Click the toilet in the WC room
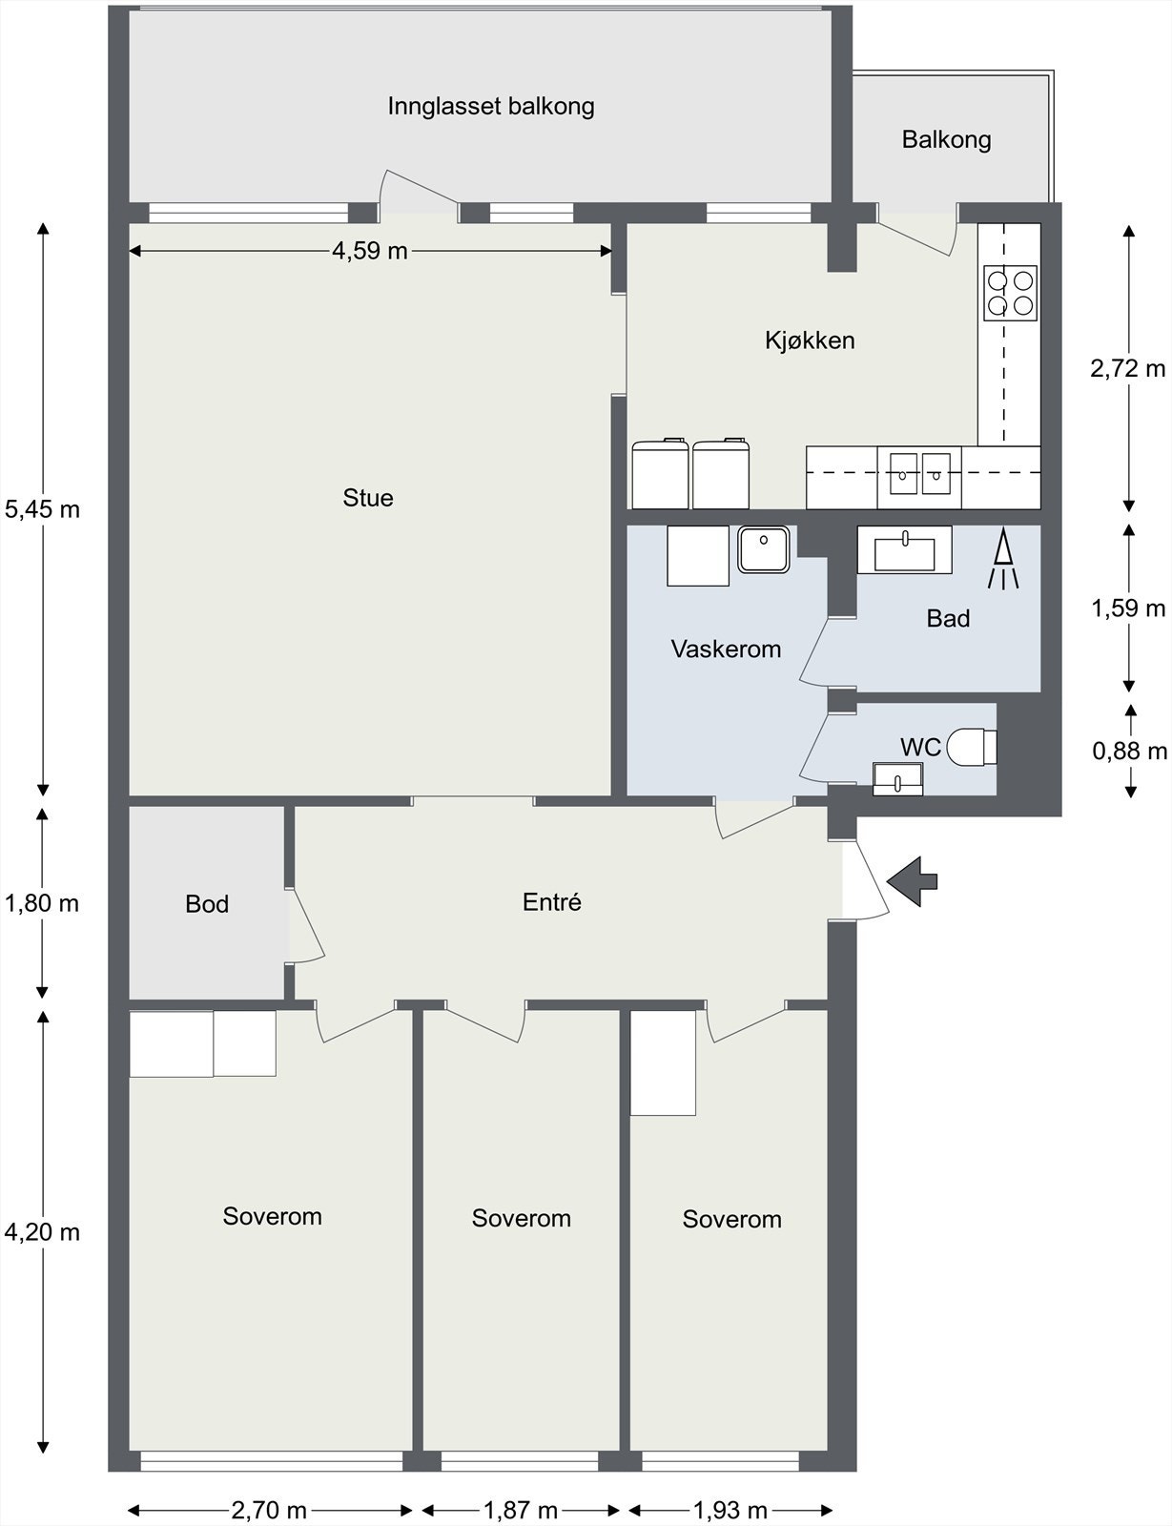pyautogui.click(x=972, y=747)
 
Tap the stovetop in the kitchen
pyautogui.click(x=1011, y=293)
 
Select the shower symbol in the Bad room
pyautogui.click(x=1003, y=560)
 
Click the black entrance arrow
pyautogui.click(x=913, y=881)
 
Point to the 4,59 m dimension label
pyautogui.click(x=369, y=251)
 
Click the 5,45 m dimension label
pyautogui.click(x=42, y=509)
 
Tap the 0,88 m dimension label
pyautogui.click(x=1129, y=752)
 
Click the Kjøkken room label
pyautogui.click(x=810, y=340)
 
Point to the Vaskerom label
pyautogui.click(x=726, y=649)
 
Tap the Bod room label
pyautogui.click(x=207, y=904)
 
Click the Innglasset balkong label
pyautogui.click(x=491, y=107)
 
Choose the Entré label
pyautogui.click(x=552, y=901)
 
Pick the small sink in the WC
pyautogui.click(x=897, y=779)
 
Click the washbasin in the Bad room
pyautogui.click(x=904, y=550)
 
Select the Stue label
pyautogui.click(x=368, y=498)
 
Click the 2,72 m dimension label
pyautogui.click(x=1128, y=368)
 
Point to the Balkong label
pyautogui.click(x=947, y=140)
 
